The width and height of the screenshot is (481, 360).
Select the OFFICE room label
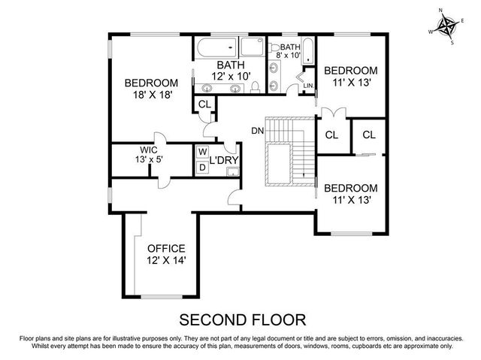(x=166, y=248)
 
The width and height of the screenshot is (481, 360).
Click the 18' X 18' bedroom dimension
(x=150, y=95)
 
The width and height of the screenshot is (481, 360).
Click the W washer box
(x=201, y=151)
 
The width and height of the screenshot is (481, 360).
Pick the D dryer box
(x=201, y=167)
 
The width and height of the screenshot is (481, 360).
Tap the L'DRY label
(x=223, y=160)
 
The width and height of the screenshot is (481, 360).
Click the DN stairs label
(x=257, y=131)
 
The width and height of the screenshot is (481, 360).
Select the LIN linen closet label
(x=307, y=86)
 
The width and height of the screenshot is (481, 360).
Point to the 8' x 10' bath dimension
(x=289, y=56)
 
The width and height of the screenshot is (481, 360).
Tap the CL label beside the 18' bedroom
(x=203, y=104)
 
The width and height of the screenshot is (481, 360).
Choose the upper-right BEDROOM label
(x=350, y=70)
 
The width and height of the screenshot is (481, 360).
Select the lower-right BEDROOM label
(x=350, y=188)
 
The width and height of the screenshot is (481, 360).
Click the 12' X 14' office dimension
(x=166, y=260)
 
